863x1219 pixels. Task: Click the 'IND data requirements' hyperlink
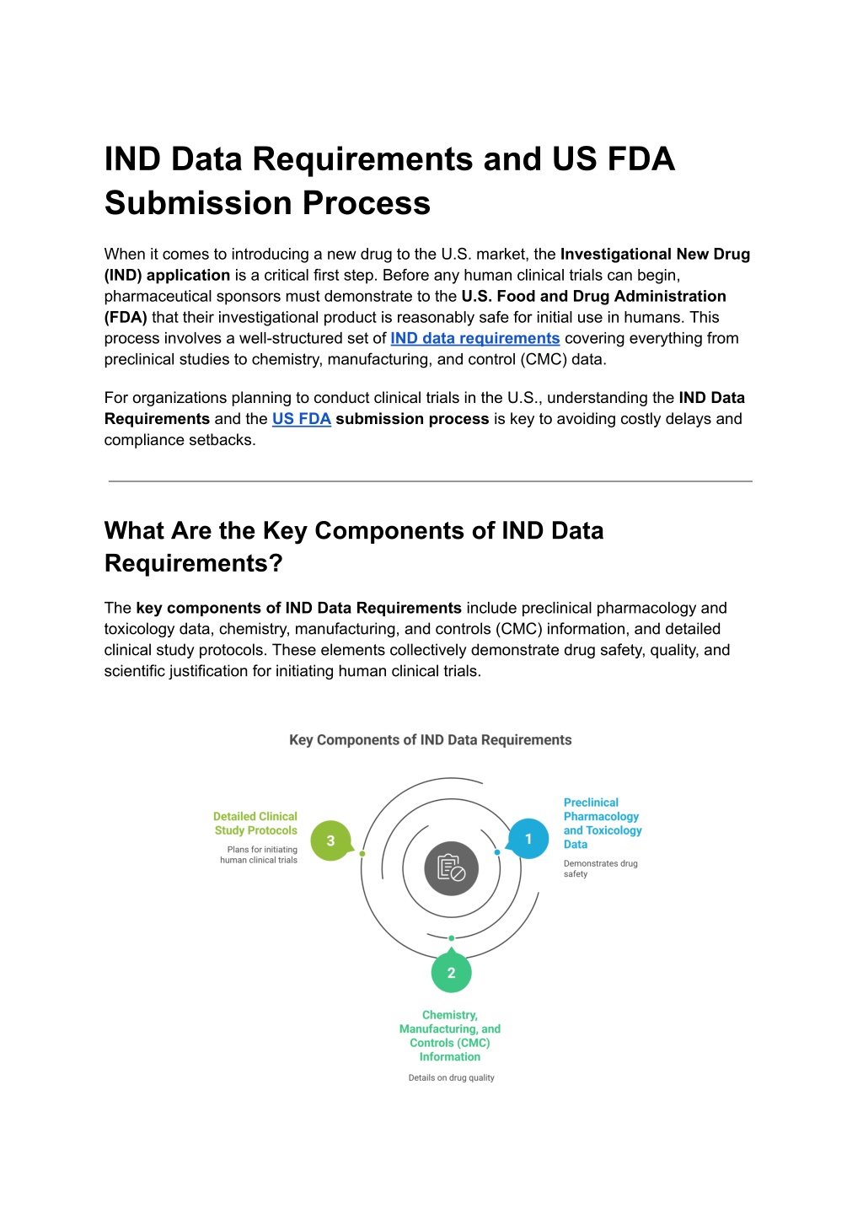pyautogui.click(x=474, y=338)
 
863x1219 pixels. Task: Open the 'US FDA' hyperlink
pyautogui.click(x=301, y=419)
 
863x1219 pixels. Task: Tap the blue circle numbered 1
pyautogui.click(x=529, y=839)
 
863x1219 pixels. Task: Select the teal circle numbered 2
pyautogui.click(x=451, y=973)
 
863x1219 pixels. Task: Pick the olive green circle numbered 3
pyautogui.click(x=330, y=840)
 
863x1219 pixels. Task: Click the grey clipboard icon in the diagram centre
pyautogui.click(x=451, y=868)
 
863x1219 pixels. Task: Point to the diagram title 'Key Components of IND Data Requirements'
pyautogui.click(x=430, y=740)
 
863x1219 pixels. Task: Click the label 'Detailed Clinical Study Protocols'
pyautogui.click(x=255, y=824)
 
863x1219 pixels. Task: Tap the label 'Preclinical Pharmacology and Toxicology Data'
pyautogui.click(x=602, y=824)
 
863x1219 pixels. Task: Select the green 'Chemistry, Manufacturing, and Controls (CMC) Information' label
pyautogui.click(x=450, y=1036)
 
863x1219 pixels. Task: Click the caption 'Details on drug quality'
pyautogui.click(x=451, y=1078)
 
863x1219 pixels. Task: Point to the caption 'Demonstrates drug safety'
pyautogui.click(x=600, y=868)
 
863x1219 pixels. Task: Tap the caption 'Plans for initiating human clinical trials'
pyautogui.click(x=260, y=855)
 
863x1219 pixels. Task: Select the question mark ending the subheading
pyautogui.click(x=276, y=563)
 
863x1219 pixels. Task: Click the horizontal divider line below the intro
pyautogui.click(x=430, y=481)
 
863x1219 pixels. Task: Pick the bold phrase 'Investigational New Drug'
pyautogui.click(x=655, y=254)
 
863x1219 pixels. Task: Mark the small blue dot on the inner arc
pyautogui.click(x=497, y=852)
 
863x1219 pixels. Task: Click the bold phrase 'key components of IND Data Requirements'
pyautogui.click(x=298, y=608)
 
